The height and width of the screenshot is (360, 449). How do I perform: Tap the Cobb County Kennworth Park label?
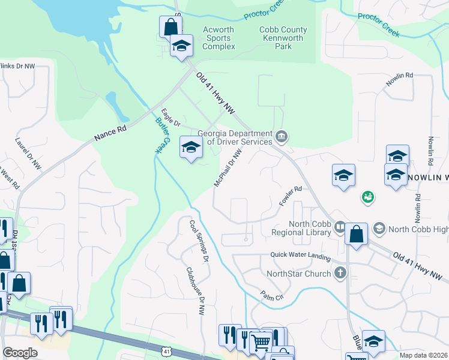[283, 38]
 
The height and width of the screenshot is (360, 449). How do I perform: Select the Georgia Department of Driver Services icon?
[281, 138]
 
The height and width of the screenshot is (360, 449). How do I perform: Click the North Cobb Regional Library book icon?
[340, 227]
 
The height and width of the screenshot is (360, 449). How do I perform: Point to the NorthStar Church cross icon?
[340, 274]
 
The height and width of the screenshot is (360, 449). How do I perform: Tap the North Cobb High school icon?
[379, 228]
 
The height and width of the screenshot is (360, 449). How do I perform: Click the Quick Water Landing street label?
[300, 257]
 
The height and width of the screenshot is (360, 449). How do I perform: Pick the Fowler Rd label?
[289, 196]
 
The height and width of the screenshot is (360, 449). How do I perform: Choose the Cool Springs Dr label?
[199, 241]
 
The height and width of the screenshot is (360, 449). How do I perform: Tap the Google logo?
[20, 353]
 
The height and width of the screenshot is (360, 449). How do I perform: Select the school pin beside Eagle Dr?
[191, 147]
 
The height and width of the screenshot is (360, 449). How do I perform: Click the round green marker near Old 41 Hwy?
[367, 196]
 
